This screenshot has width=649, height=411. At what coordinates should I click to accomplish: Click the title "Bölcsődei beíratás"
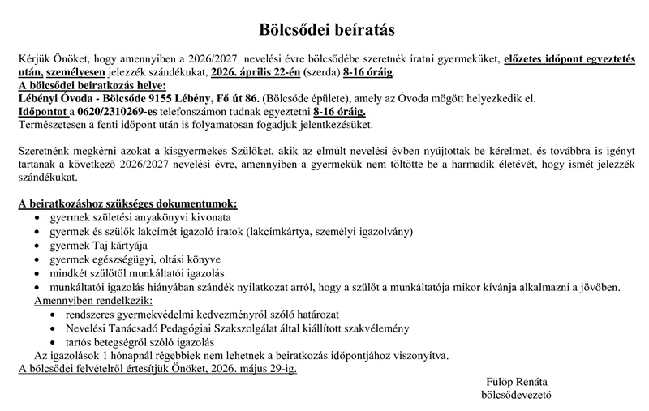tap(326, 31)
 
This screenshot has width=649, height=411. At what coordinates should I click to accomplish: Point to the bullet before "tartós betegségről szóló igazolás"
tap(54, 342)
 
